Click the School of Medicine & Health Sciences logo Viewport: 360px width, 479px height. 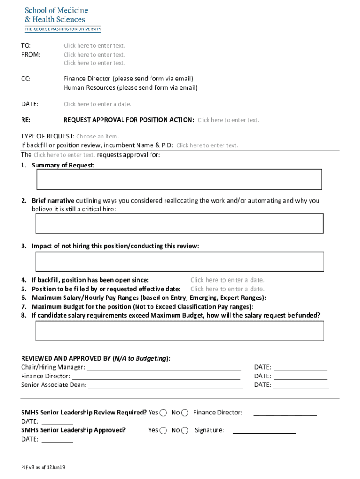pyautogui.click(x=63, y=19)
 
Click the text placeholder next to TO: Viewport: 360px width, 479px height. pyautogui.click(x=94, y=46)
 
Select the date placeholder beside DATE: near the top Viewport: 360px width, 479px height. pyautogui.click(x=97, y=104)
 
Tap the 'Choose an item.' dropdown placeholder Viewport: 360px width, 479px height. pyautogui.click(x=97, y=137)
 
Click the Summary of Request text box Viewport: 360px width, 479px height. pyautogui.click(x=179, y=180)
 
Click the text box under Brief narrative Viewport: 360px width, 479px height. pyautogui.click(x=179, y=224)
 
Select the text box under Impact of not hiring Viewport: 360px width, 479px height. pyautogui.click(x=179, y=261)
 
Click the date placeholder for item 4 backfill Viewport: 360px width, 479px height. pyautogui.click(x=227, y=280)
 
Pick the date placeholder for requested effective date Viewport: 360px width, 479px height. pyautogui.click(x=227, y=289)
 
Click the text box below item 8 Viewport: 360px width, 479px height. pyautogui.click(x=179, y=331)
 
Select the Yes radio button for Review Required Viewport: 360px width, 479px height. pyautogui.click(x=163, y=413)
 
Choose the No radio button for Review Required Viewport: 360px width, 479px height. pyautogui.click(x=185, y=413)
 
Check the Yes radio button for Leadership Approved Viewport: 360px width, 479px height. pyautogui.click(x=163, y=430)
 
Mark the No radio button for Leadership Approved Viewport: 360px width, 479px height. pyautogui.click(x=185, y=430)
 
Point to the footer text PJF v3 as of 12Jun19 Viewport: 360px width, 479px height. pyautogui.click(x=43, y=467)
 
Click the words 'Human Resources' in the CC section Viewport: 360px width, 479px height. pyautogui.click(x=89, y=87)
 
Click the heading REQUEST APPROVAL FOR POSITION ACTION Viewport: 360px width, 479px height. pyautogui.click(x=129, y=120)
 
